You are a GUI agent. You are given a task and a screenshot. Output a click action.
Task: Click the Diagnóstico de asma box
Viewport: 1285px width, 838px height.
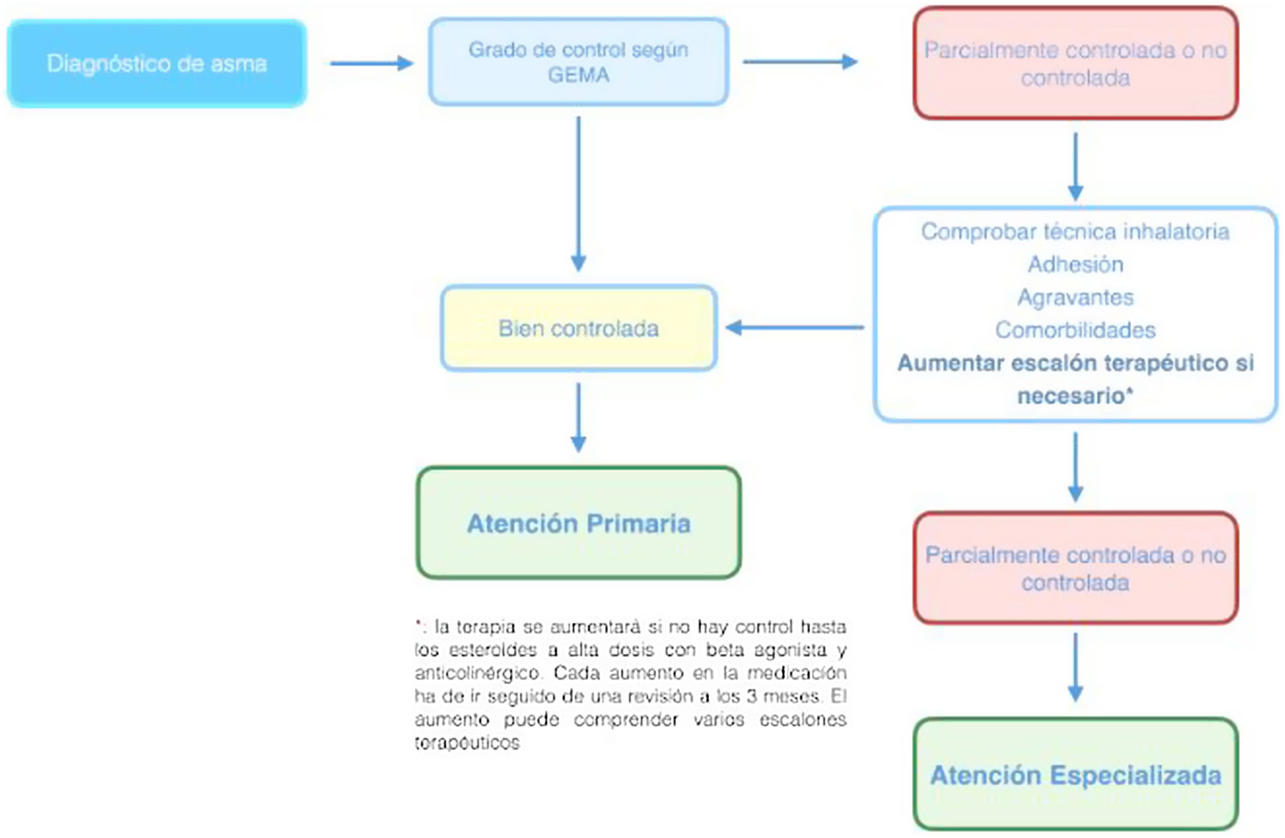[x=157, y=63]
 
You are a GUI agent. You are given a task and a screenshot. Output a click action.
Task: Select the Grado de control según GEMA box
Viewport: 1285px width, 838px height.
[x=578, y=62]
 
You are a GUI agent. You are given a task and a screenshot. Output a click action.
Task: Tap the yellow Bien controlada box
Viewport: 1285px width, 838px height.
[x=578, y=328]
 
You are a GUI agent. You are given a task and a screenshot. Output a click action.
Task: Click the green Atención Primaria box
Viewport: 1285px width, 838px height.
[x=578, y=523]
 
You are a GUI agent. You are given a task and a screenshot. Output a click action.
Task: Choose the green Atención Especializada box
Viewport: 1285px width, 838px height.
[x=1075, y=775]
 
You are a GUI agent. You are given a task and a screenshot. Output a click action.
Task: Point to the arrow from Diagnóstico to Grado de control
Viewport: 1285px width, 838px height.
[x=371, y=63]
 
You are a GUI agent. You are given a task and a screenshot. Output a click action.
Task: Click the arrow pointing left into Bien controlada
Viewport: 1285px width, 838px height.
[x=795, y=327]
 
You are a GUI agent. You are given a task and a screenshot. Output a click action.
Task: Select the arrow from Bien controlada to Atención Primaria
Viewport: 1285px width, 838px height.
[x=578, y=417]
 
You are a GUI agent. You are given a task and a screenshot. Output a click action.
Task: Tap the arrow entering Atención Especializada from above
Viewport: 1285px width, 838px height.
[x=1075, y=667]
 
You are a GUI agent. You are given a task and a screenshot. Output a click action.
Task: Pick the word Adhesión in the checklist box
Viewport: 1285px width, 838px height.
[x=1075, y=265]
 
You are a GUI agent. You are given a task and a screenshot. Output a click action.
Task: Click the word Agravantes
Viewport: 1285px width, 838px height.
[x=1075, y=297]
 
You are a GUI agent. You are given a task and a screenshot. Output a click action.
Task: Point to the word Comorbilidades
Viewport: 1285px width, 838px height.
[x=1075, y=330]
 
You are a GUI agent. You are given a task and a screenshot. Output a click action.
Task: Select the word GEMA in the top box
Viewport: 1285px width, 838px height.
[x=578, y=76]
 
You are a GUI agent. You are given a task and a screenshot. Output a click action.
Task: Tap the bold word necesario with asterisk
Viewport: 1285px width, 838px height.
[x=1075, y=396]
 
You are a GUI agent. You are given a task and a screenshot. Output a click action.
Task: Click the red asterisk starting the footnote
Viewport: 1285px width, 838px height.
[x=418, y=624]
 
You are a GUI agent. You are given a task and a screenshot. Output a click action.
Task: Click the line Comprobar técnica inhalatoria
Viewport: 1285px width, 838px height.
[x=1075, y=231]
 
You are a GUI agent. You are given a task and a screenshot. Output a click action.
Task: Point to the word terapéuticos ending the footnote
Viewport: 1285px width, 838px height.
[x=467, y=743]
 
